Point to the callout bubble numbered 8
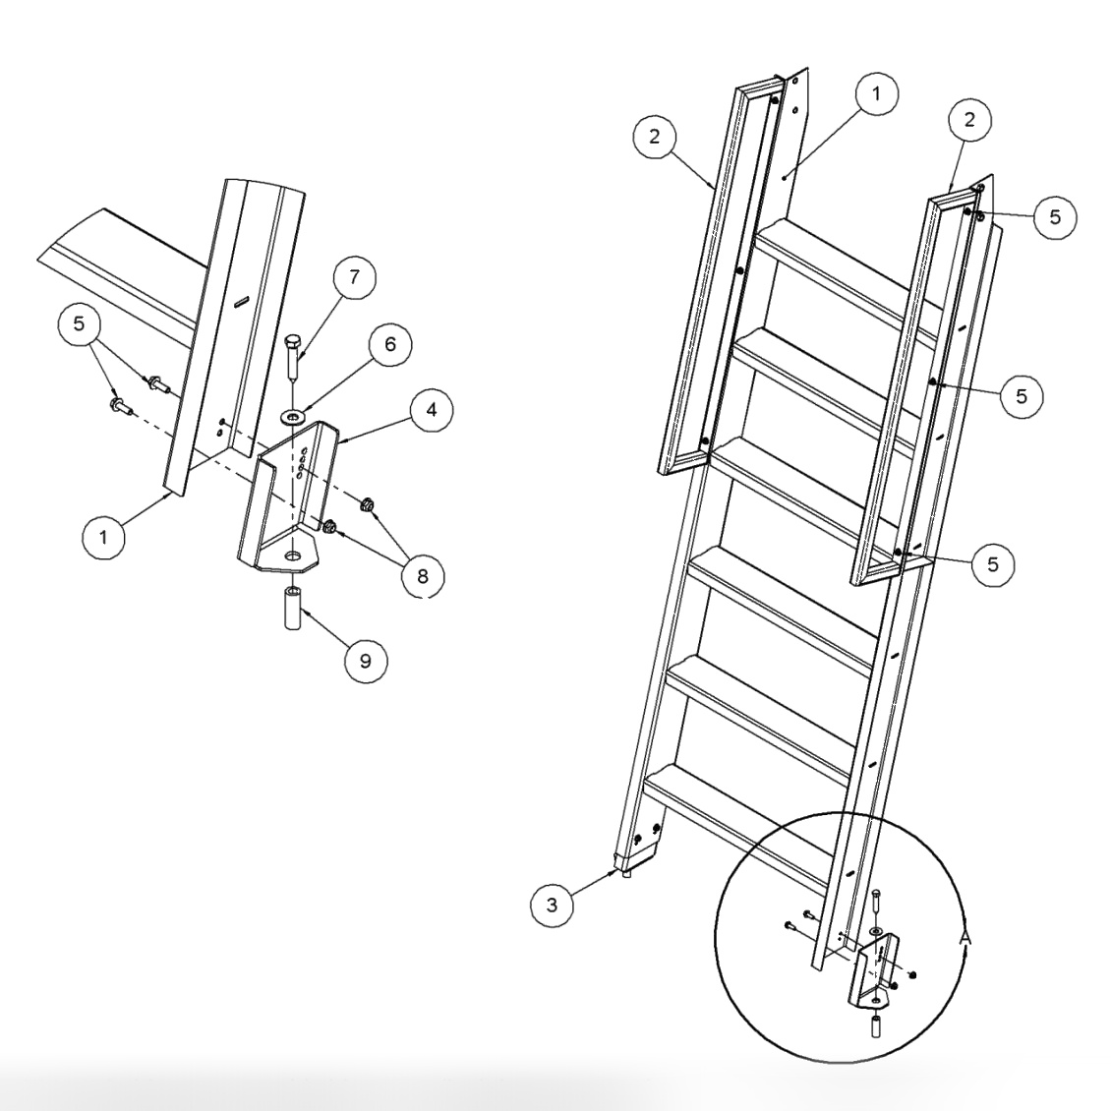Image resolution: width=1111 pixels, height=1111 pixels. pos(422,575)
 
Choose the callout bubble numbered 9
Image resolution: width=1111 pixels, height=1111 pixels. pos(365,661)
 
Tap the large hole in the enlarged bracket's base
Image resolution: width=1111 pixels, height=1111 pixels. pos(293,557)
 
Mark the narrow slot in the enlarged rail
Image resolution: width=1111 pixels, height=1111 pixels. pos(241,301)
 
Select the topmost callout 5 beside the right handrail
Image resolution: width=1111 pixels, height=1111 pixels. pos(1052,217)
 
